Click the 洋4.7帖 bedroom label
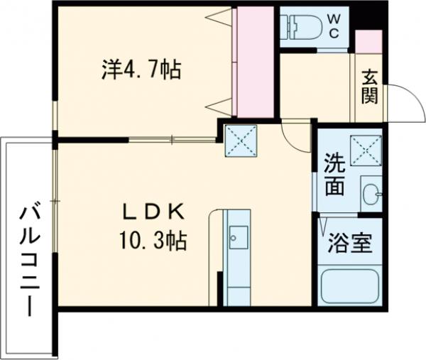140,70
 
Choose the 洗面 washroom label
334,175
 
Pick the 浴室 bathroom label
349,245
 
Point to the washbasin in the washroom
371,192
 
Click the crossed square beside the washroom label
366,149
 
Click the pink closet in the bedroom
253,62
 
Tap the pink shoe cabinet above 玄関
368,42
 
